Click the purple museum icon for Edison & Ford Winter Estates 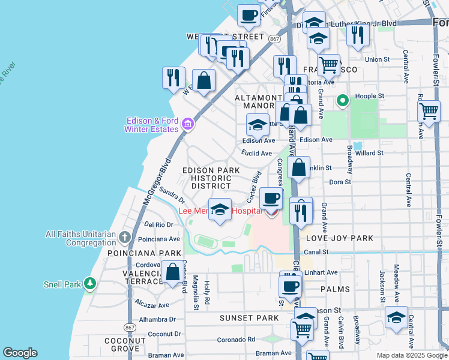188,124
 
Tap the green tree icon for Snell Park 89,283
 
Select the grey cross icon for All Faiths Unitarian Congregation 124,238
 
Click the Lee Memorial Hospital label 220,211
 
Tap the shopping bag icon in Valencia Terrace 173,272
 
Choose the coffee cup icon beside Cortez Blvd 271,198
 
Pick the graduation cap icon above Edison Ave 258,125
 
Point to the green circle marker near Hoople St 343,101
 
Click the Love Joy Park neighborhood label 339,239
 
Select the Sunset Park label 249,317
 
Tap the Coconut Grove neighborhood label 125,344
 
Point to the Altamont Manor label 258,102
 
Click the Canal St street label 317,251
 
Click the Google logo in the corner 20,353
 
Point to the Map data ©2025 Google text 411,355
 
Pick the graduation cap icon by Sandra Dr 220,209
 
